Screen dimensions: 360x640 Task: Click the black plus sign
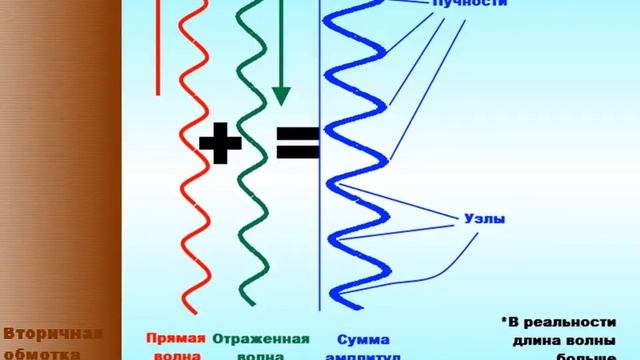click(x=220, y=144)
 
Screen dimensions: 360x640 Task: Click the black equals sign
click(x=296, y=144)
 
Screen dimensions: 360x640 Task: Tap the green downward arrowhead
click(x=281, y=95)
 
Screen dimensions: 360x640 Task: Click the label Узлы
click(x=484, y=216)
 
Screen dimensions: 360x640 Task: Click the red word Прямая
click(x=176, y=338)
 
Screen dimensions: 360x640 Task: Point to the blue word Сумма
click(x=362, y=338)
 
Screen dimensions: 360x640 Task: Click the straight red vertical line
click(x=159, y=50)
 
